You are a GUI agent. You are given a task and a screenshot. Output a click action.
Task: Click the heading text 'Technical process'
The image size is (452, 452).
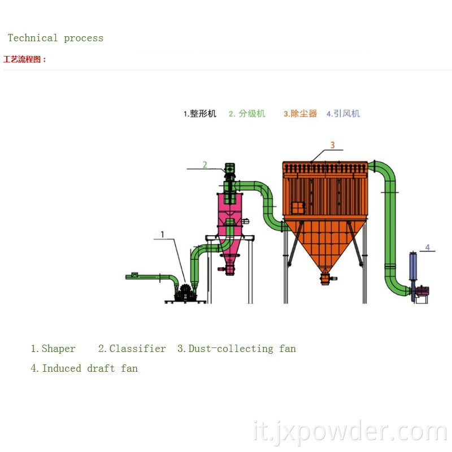click(x=55, y=38)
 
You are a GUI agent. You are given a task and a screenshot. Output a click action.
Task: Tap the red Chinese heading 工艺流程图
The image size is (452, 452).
click(x=25, y=59)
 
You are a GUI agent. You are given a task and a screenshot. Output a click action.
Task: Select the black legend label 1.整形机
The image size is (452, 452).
click(x=200, y=114)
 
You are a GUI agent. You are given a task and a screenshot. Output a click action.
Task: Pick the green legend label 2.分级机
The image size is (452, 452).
click(x=247, y=114)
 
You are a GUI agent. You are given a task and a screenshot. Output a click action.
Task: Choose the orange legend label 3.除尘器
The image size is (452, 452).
click(x=301, y=114)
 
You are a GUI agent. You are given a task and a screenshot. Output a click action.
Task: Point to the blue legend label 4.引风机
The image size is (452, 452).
click(x=343, y=114)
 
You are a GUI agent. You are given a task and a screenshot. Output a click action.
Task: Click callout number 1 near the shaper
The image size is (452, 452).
click(x=163, y=234)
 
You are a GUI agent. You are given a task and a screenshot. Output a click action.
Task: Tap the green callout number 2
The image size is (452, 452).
click(x=205, y=164)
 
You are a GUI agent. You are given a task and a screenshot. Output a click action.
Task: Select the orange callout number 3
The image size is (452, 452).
click(x=332, y=145)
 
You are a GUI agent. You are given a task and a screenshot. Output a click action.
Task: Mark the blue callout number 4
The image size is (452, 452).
click(x=428, y=247)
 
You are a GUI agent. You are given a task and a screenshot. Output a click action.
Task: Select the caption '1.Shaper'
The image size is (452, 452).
click(x=53, y=349)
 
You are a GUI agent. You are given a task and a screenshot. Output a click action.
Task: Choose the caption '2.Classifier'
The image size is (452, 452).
click(x=132, y=349)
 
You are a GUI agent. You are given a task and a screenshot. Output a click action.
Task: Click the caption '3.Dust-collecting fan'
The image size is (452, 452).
click(x=237, y=349)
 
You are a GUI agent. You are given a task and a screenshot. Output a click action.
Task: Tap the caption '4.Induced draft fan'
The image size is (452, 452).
click(x=84, y=368)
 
